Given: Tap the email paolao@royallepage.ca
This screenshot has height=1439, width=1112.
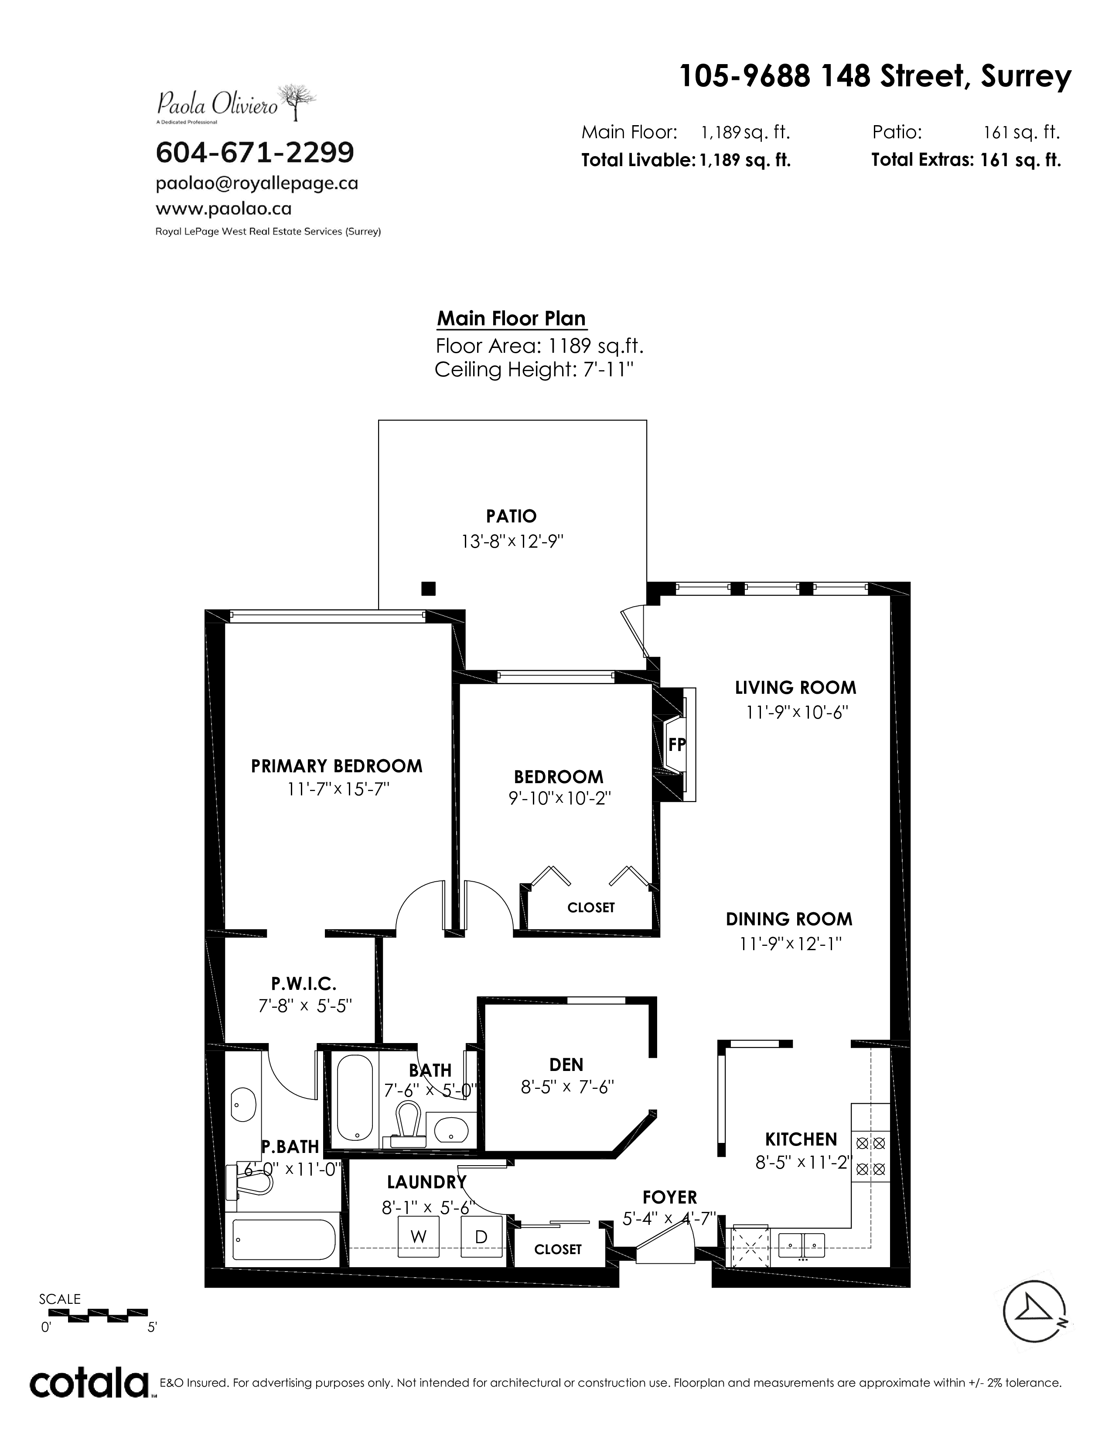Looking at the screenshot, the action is [257, 184].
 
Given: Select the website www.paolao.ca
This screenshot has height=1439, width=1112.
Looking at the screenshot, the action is [223, 209].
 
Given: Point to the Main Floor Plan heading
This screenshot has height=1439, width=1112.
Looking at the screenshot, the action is [511, 319].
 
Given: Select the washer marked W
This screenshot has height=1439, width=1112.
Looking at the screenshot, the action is [419, 1237].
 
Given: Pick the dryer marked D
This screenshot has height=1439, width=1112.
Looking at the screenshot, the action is [481, 1237].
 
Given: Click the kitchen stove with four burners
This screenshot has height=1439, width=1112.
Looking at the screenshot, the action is [870, 1156].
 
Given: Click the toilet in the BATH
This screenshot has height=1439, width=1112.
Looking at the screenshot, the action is [406, 1124].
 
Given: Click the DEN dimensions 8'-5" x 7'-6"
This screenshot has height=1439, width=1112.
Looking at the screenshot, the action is [567, 1087].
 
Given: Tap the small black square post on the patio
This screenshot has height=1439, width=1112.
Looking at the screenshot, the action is [428, 588].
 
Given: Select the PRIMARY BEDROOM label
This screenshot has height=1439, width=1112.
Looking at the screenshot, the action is [337, 766].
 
